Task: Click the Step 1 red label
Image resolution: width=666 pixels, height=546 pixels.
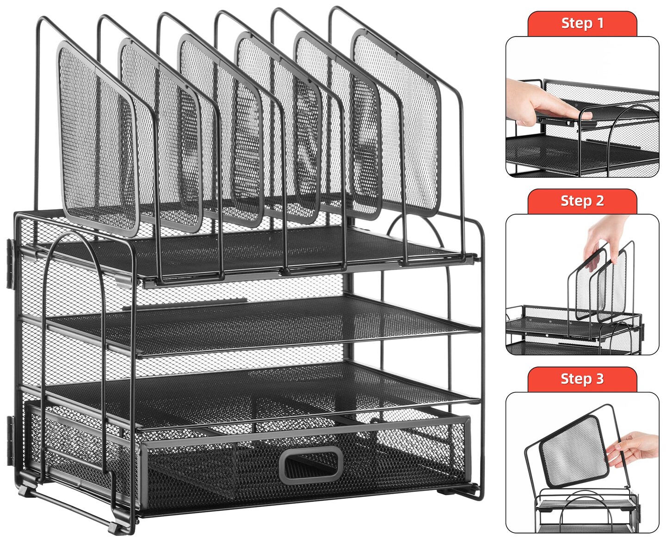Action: click(582, 23)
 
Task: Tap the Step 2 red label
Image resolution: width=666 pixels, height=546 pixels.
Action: click(582, 201)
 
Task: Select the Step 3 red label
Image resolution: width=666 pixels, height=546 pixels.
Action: click(582, 379)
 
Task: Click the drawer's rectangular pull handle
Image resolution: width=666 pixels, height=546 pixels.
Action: click(313, 464)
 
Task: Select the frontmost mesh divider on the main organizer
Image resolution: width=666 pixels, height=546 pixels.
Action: click(97, 139)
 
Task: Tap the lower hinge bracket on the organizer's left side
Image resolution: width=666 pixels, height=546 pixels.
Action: click(10, 440)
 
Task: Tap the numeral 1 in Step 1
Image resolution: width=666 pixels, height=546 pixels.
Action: click(600, 23)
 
